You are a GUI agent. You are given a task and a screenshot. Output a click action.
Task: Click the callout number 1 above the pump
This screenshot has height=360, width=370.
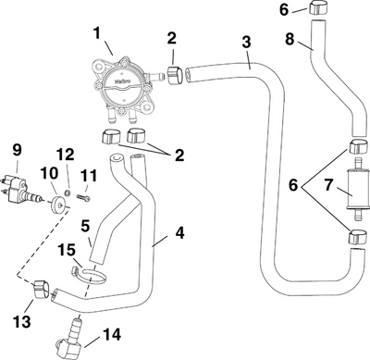pos(97,33)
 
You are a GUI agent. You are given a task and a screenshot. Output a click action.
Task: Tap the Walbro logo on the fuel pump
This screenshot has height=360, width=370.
pos(120,82)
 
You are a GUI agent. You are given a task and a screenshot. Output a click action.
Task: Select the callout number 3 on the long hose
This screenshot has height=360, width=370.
pos(246,43)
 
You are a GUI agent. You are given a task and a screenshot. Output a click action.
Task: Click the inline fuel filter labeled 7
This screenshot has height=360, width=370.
pos(356,189)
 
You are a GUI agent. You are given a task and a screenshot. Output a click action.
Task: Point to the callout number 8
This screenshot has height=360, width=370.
pos(290,40)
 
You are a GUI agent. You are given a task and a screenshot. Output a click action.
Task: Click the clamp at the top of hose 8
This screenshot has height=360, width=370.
pos(317,7)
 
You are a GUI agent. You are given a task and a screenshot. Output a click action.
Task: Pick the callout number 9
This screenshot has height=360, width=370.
pos(17,150)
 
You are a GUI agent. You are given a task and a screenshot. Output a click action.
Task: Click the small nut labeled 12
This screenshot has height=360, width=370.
pos(67,193)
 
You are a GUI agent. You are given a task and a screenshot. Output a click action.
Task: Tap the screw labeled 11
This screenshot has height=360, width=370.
pos(83,197)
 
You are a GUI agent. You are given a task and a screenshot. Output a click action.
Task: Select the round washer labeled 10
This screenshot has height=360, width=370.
pos(58,204)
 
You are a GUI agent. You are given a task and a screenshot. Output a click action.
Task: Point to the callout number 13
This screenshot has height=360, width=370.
pos(22,321)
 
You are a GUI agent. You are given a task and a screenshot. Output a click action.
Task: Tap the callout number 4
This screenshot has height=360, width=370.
pos(179,232)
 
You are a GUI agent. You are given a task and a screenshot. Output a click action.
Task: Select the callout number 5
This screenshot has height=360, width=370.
pos(85,227)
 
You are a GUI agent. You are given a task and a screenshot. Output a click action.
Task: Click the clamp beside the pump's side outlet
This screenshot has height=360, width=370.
pos(176,74)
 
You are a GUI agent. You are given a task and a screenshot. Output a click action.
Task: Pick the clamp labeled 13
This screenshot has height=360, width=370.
pos(42,289)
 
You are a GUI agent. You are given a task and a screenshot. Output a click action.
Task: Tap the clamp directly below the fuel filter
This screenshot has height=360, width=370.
pos(358,238)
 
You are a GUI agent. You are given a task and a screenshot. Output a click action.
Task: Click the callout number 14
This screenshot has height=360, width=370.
pos(112,334)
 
